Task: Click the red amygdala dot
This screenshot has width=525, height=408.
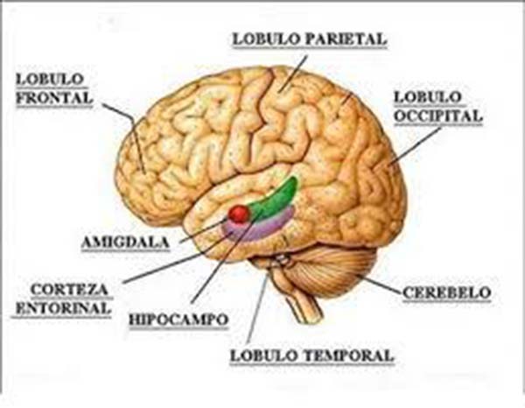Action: click(x=238, y=214)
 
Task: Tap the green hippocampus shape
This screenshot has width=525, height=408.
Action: click(x=279, y=200)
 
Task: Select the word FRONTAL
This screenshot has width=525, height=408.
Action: click(x=53, y=99)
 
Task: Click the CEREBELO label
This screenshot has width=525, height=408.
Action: click(x=446, y=291)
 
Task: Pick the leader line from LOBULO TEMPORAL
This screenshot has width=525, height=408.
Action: click(x=257, y=311)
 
